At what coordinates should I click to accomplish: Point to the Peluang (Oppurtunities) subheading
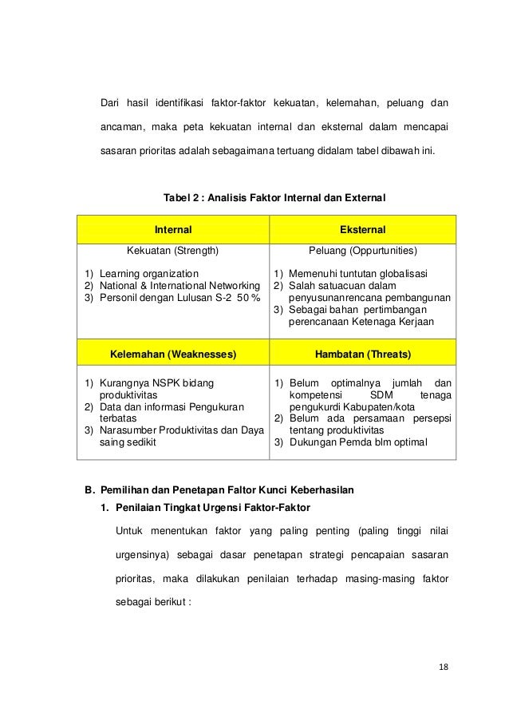click(362, 250)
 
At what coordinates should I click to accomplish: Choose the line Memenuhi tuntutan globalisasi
click(357, 274)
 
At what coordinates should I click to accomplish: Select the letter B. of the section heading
click(90, 490)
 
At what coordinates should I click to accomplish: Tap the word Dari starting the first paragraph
click(111, 103)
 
